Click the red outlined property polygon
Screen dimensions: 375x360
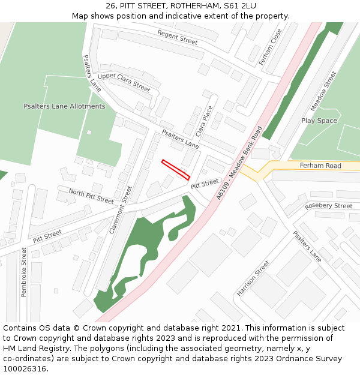pos(175,170)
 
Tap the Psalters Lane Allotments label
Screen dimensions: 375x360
pos(64,106)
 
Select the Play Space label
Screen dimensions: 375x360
pos(319,121)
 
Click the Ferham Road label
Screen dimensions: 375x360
pos(320,166)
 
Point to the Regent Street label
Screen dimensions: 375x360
pos(178,37)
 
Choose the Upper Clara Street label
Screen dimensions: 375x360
pos(124,82)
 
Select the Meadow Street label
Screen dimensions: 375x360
pos(323,91)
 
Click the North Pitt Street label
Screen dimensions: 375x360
pos(91,196)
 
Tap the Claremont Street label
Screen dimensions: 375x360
pos(119,209)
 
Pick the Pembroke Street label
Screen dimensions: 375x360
pos(24,272)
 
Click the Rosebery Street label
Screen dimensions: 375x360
pos(328,206)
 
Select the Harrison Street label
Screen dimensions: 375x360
pos(253,278)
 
